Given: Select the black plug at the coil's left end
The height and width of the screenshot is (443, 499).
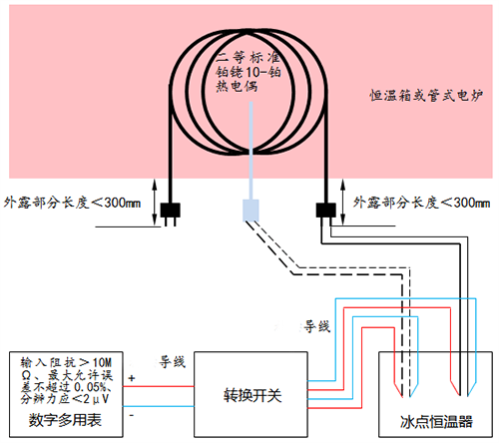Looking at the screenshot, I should coord(168,213).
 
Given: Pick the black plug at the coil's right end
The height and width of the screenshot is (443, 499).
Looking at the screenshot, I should coord(324,212).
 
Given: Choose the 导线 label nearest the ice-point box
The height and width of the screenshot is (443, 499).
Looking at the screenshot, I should coord(315,325).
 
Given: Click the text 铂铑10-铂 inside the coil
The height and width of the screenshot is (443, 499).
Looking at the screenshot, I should coord(246,71).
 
